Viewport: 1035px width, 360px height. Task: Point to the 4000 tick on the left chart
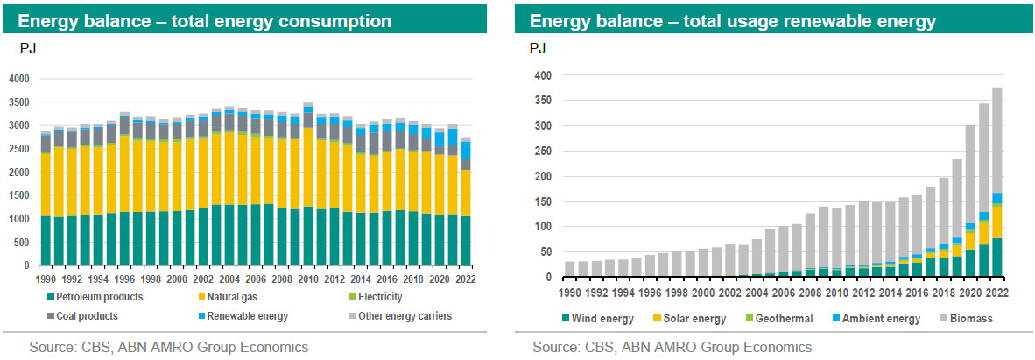(18, 79)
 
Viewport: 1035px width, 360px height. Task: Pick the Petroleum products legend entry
(96, 298)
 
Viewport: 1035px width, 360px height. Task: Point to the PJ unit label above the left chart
(27, 49)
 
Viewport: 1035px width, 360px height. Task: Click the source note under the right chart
(672, 348)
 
